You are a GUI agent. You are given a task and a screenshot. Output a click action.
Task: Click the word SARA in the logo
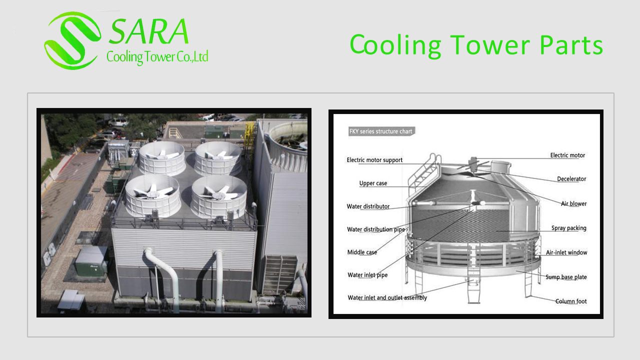point(148,31)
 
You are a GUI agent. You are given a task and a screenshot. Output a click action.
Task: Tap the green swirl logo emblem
point(72,40)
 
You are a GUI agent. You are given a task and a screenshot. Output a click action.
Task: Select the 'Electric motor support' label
point(374,160)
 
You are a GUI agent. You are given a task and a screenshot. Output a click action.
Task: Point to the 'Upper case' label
point(373,183)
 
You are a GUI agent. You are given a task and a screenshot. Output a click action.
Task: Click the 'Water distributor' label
point(368,206)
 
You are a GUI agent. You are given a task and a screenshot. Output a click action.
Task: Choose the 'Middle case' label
point(362,252)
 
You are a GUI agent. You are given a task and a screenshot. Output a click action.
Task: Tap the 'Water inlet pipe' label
point(367,275)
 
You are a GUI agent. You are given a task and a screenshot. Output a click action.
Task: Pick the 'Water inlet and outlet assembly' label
point(387,297)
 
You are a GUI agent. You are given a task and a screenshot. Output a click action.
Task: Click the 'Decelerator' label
point(571,179)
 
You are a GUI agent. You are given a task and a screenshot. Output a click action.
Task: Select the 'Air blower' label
point(573,203)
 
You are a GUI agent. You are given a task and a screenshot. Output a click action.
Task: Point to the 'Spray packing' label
point(569,228)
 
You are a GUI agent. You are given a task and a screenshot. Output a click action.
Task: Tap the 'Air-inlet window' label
point(566,252)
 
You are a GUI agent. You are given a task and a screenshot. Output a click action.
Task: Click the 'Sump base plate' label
point(566,277)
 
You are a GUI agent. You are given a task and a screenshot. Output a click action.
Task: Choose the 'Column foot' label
point(571,301)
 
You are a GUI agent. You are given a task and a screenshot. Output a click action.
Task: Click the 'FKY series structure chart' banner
point(381,131)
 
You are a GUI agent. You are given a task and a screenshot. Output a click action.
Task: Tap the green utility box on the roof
point(91,262)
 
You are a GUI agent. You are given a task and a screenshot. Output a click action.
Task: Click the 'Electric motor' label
point(567,155)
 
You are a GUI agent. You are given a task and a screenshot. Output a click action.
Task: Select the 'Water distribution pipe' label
point(376,229)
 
